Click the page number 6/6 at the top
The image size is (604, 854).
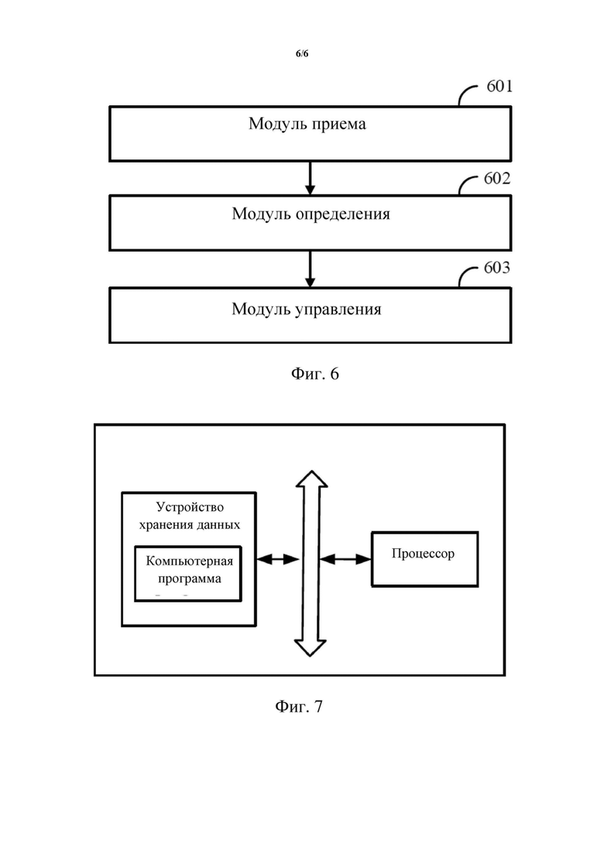pos(302,53)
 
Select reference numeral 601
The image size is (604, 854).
pos(499,86)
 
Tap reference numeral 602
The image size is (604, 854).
pos(496,178)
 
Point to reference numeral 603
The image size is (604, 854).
pos(496,267)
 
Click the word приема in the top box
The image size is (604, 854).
pos(338,125)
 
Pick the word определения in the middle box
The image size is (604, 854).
pos(342,214)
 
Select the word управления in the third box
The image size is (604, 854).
pos(338,310)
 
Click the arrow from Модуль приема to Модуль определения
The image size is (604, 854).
pos(310,178)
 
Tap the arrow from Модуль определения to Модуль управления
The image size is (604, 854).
pos(310,269)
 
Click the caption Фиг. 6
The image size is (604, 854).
pos(315,374)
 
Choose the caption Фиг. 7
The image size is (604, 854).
pos(299,706)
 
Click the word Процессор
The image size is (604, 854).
pos(423,554)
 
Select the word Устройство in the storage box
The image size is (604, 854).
pos(190,507)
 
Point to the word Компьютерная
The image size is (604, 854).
pos(190,561)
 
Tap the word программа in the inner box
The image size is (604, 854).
pos(190,579)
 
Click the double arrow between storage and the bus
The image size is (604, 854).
pos(277,559)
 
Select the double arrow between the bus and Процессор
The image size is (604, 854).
pos(345,559)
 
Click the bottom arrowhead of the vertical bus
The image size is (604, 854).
pos(310,648)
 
